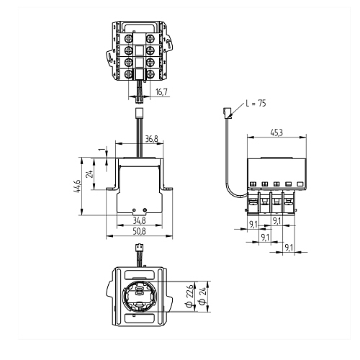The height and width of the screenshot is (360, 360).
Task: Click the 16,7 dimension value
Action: (161, 92)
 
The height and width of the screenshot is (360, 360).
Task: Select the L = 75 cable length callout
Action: (256, 104)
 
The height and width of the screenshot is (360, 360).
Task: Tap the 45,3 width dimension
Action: (276, 132)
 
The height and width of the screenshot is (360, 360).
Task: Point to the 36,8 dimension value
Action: (152, 139)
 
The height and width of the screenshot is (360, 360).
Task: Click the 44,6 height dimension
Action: (77, 186)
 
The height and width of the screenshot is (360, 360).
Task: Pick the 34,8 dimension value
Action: (139, 220)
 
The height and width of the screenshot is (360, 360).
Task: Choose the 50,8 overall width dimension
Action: (139, 231)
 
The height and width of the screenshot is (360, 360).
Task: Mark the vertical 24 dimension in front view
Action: (90, 174)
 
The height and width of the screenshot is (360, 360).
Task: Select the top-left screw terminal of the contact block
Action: (129, 38)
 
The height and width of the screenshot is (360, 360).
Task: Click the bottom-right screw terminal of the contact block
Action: (150, 74)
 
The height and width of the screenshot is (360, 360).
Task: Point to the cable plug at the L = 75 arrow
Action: (228, 113)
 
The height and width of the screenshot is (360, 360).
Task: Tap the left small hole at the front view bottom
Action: (134, 210)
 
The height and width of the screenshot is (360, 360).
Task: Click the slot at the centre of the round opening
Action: (139, 291)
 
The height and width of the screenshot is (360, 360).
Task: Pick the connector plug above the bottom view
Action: (139, 247)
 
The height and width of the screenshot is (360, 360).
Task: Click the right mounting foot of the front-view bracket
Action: (168, 189)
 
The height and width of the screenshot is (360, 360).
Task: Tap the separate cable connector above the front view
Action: (139, 112)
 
